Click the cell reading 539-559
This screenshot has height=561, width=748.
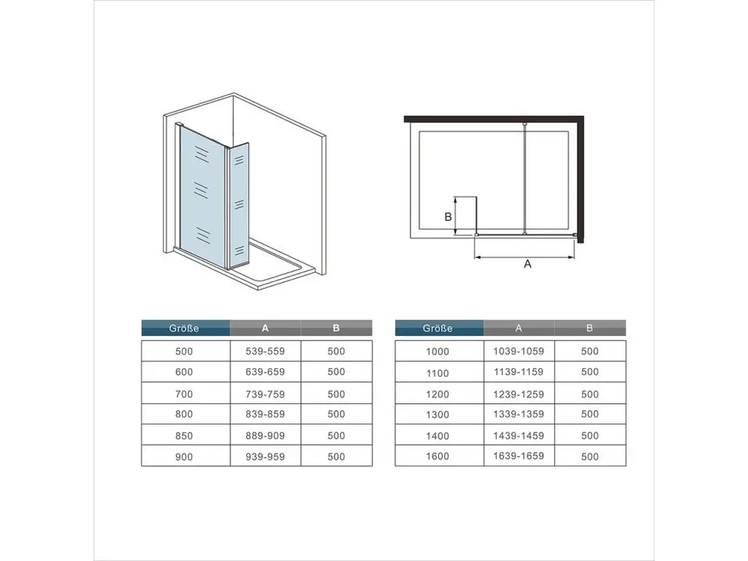[x=266, y=351]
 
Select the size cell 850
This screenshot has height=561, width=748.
[x=184, y=436]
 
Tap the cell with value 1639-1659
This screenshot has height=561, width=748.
[x=518, y=456]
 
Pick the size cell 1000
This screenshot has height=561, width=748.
[x=438, y=352]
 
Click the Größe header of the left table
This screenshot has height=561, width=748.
[x=184, y=328]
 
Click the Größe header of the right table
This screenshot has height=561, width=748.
[x=438, y=328]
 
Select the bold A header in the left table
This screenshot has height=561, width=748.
[x=266, y=328]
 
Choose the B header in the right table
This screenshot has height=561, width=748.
[x=589, y=328]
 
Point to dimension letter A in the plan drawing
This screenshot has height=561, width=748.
[x=527, y=264]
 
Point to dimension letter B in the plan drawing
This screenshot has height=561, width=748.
[x=448, y=217]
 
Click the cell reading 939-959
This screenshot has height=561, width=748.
[x=266, y=456]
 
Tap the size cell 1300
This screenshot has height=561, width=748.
[x=438, y=414]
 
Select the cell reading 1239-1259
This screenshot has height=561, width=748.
[x=518, y=394]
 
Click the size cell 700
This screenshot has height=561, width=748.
[x=184, y=394]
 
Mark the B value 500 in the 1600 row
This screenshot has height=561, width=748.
[x=590, y=456]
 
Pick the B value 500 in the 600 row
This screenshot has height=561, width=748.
[x=337, y=372]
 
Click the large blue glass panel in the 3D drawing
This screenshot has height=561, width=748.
[x=202, y=191]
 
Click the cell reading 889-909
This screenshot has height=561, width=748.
[x=266, y=435]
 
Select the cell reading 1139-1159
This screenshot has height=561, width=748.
[x=518, y=372]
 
